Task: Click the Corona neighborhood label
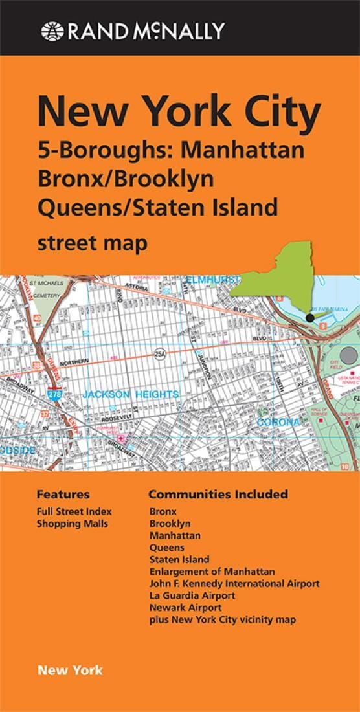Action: (x=279, y=422)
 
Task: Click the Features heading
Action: (x=63, y=495)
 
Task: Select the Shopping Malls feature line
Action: (x=72, y=524)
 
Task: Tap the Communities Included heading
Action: (x=218, y=495)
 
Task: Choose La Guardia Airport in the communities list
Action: (x=192, y=595)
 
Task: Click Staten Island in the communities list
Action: (x=179, y=559)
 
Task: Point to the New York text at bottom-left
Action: (x=70, y=670)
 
